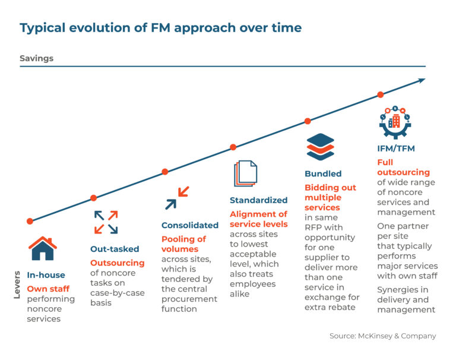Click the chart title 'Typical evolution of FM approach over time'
[160, 28]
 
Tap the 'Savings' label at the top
[36, 58]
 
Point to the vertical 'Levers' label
[17, 285]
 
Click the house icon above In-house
[43, 248]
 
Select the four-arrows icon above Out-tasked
[106, 222]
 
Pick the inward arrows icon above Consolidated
[177, 198]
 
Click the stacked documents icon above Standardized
[245, 174]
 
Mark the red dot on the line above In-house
[30, 221]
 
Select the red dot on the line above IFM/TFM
[380, 94]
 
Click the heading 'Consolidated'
[190, 225]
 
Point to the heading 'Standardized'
[258, 200]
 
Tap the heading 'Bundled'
[323, 174]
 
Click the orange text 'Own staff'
[48, 289]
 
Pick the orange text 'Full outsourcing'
[395, 167]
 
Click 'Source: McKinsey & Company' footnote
[382, 336]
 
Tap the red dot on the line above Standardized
[233, 147]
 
